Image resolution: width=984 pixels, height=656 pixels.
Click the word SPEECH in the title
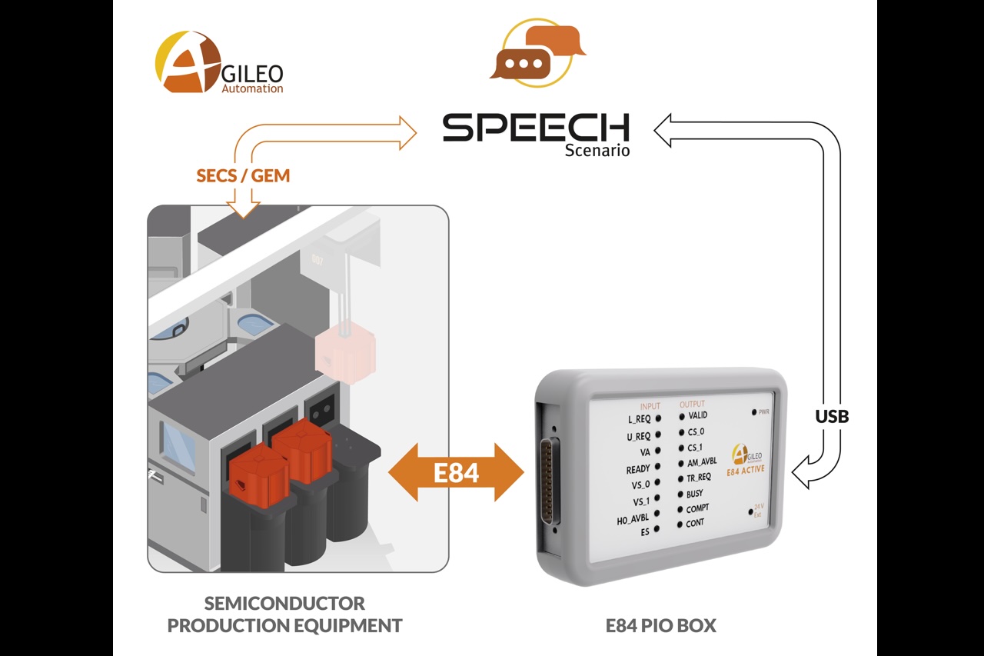point(536,128)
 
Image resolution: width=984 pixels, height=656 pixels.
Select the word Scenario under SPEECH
point(597,151)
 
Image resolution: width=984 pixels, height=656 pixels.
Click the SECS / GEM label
point(243,175)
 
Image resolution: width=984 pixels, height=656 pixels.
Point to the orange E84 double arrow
point(456,472)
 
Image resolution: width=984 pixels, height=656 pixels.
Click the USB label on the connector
point(832,416)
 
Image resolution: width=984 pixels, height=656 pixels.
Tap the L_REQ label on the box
point(639,419)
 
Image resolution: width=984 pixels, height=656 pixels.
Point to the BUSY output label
point(694,494)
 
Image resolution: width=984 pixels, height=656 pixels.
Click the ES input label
point(644,531)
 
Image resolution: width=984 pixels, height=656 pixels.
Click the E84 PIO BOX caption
point(660,625)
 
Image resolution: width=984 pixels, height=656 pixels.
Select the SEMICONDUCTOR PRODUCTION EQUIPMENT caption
point(284,614)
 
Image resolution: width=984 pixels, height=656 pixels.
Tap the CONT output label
point(694,523)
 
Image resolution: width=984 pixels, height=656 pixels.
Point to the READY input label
point(637,468)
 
